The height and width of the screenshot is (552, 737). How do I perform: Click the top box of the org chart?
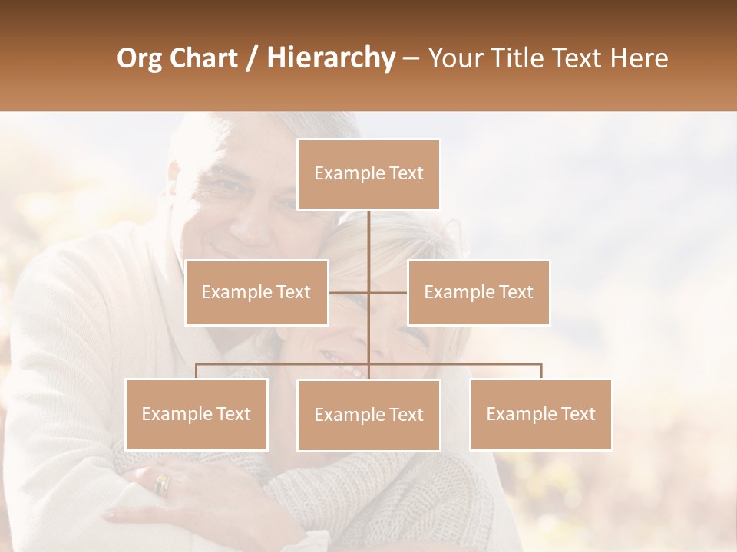[x=368, y=174]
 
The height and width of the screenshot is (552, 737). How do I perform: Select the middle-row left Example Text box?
[x=256, y=292]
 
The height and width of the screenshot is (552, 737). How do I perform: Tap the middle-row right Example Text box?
[x=478, y=292]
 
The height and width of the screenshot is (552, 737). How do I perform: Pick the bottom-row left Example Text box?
[x=197, y=414]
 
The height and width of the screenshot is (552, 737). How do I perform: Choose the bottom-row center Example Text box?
[x=368, y=415]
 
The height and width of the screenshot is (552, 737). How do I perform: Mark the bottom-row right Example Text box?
[x=540, y=414]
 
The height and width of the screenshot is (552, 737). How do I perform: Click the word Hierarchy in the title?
[x=331, y=58]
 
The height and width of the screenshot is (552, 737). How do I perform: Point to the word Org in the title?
[x=139, y=58]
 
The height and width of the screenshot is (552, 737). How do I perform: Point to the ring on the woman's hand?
[x=162, y=484]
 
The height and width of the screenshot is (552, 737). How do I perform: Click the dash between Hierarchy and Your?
[x=411, y=58]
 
